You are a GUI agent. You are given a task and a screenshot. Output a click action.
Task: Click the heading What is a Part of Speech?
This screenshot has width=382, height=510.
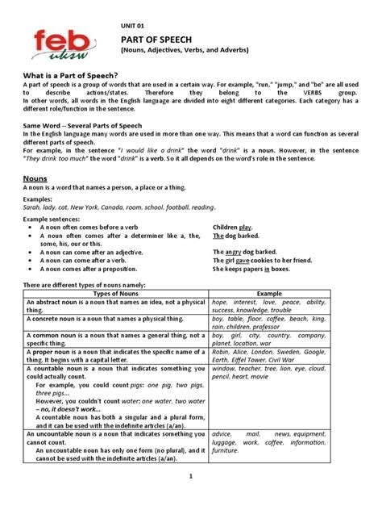point(76,74)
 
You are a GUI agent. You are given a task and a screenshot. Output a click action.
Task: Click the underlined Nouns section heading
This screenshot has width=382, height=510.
point(35,175)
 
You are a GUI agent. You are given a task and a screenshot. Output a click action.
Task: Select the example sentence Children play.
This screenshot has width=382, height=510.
point(233,228)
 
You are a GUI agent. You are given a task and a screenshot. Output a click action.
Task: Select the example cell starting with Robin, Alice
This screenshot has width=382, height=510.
point(268,356)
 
